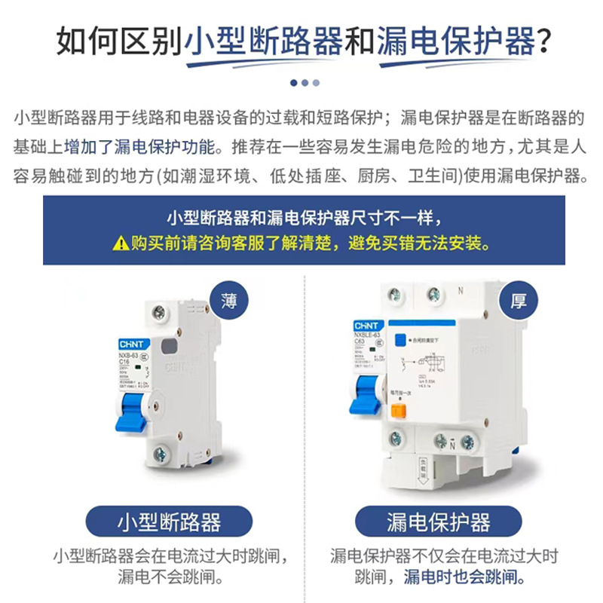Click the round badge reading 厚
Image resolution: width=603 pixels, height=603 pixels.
tap(519, 301)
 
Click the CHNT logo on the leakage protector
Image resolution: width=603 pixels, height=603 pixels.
tap(366, 326)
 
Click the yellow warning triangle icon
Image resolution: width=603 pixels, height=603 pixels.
tap(121, 243)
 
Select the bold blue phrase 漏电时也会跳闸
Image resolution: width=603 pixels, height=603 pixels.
tap(464, 578)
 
